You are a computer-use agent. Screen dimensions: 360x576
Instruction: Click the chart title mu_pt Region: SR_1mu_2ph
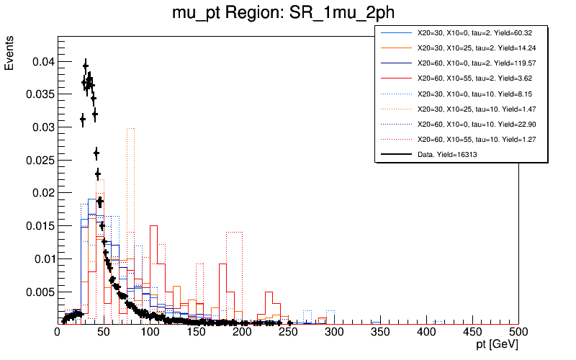(x=288, y=13)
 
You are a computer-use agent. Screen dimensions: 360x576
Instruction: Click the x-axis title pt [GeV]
(x=492, y=346)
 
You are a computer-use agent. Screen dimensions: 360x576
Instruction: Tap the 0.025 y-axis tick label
(x=37, y=160)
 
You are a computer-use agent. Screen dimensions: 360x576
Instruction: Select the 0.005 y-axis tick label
(x=37, y=292)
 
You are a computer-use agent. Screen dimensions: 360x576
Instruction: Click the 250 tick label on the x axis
(x=288, y=332)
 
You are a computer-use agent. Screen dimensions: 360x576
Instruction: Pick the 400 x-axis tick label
(x=426, y=332)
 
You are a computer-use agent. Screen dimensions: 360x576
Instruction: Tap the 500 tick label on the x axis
(x=518, y=332)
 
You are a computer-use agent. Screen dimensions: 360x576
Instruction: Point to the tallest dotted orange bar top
(x=131, y=128)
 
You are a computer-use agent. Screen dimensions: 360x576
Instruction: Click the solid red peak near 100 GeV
(x=153, y=226)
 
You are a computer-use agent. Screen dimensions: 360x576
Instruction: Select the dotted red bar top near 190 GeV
(x=234, y=232)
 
